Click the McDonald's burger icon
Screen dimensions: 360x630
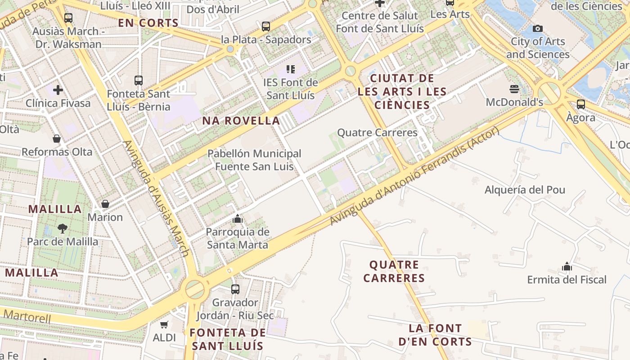(514, 89)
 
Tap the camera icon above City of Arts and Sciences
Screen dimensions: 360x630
(537, 29)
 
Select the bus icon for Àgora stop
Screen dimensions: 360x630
(581, 104)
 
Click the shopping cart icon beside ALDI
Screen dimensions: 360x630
(164, 324)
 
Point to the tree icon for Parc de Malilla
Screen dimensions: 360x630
(63, 229)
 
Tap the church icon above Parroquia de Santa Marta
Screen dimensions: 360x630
(237, 219)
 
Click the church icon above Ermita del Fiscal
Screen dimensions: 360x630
(567, 267)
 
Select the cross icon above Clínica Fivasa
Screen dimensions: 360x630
(58, 90)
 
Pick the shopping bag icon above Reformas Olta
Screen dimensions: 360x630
(57, 139)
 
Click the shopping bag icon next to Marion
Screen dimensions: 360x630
(105, 204)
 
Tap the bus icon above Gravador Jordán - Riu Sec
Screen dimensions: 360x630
(235, 289)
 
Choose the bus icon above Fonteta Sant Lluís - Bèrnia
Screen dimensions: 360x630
(139, 81)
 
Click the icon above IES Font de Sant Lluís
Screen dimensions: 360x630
(291, 69)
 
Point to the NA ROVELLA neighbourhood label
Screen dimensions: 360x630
(241, 121)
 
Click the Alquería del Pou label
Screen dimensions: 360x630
(525, 189)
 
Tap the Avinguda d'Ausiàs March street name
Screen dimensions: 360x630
(155, 198)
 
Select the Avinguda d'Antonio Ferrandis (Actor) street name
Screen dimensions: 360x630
(414, 176)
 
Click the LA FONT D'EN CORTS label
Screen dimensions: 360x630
(436, 335)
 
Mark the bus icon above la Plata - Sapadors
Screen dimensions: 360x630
(266, 27)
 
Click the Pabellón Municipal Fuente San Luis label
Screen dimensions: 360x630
(254, 160)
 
